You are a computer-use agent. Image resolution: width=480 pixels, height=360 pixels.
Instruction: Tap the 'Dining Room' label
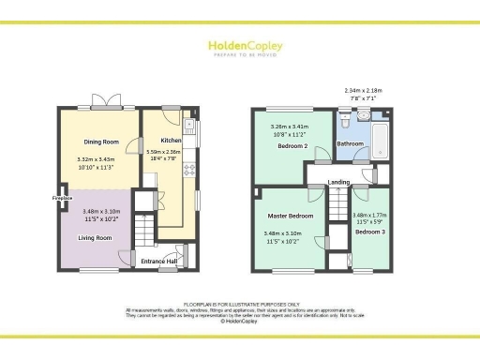(x=101, y=142)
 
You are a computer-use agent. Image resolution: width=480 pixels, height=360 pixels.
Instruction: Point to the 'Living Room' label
(x=95, y=238)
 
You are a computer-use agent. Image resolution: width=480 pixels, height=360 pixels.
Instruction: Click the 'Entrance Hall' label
(x=159, y=262)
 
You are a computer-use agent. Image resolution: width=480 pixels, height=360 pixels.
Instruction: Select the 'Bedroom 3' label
(x=369, y=231)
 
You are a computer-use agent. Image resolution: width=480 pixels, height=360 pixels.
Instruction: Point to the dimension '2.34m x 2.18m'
(x=366, y=91)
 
